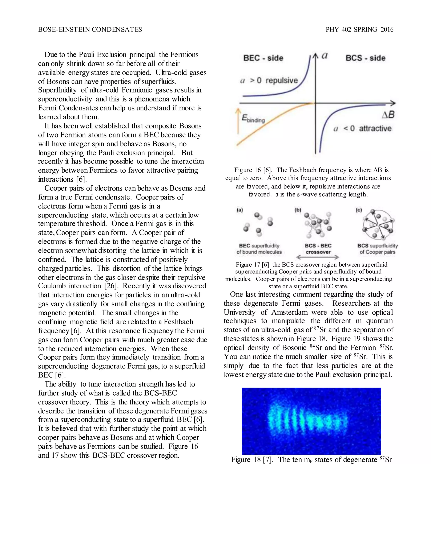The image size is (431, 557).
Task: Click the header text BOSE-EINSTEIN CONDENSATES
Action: (90, 30)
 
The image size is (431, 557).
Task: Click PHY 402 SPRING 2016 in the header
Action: (359, 30)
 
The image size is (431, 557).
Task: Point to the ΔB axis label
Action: (388, 115)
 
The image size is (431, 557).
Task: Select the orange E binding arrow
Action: (238, 121)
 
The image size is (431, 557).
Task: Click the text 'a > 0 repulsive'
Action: (269, 81)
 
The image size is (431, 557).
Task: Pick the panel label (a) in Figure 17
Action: (239, 210)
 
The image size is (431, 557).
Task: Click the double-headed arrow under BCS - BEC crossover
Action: (317, 257)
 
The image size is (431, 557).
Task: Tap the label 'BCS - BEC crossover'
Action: (318, 249)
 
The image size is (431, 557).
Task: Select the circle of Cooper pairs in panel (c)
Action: (378, 224)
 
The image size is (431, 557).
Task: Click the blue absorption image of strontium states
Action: (311, 421)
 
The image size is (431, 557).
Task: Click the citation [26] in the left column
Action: (110, 286)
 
